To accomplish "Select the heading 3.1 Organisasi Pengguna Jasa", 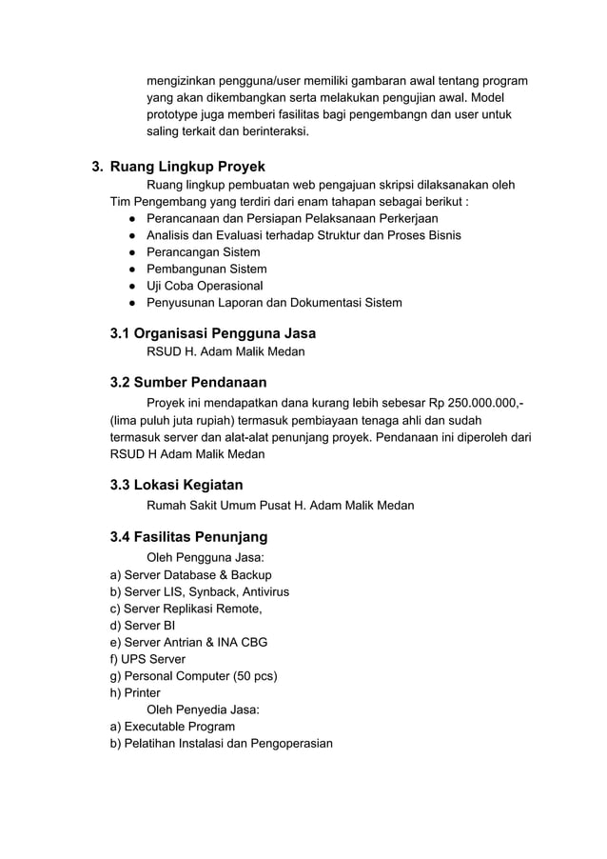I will click(213, 333).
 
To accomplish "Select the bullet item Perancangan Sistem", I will click(203, 252).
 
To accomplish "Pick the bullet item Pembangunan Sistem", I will click(206, 270).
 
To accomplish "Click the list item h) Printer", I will click(136, 692).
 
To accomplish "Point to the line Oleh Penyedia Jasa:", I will click(203, 709).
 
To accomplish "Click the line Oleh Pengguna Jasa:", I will click(205, 557).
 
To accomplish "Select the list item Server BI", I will click(144, 625).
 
